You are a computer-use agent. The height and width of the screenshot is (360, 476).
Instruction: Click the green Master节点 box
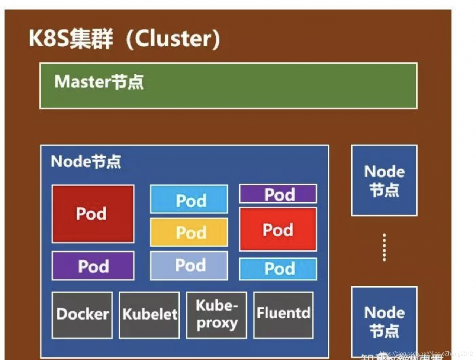click(x=228, y=86)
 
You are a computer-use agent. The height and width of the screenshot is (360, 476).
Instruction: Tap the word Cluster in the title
click(x=174, y=38)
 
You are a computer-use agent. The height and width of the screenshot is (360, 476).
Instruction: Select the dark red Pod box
click(x=93, y=214)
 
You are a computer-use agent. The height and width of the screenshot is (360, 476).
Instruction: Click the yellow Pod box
click(x=189, y=232)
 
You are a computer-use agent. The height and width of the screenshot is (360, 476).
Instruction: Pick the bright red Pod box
click(x=278, y=229)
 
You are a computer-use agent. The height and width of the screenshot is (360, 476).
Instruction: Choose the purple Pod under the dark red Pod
click(x=93, y=266)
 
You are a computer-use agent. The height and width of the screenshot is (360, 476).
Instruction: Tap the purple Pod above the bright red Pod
click(x=278, y=194)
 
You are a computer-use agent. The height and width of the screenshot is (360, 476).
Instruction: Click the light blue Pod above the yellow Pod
click(x=189, y=200)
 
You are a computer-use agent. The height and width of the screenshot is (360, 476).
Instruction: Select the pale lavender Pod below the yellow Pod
click(x=189, y=265)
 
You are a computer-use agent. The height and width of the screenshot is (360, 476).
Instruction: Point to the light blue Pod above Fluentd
click(x=278, y=269)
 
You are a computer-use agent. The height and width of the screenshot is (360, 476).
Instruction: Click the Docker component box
click(x=82, y=315)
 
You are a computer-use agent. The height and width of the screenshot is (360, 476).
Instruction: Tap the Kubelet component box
click(x=149, y=315)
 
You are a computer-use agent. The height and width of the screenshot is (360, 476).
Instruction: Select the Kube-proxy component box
click(x=216, y=315)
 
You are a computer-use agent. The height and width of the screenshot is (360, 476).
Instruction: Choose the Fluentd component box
click(x=283, y=315)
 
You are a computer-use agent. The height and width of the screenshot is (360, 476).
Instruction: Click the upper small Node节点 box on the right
click(x=384, y=180)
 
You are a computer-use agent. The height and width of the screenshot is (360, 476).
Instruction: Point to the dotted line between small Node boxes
click(x=384, y=247)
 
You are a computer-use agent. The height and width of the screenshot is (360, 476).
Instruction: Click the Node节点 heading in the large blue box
click(x=86, y=162)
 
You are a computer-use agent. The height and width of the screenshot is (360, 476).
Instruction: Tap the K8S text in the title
click(x=48, y=38)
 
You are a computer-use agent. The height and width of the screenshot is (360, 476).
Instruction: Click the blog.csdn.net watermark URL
click(x=425, y=353)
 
